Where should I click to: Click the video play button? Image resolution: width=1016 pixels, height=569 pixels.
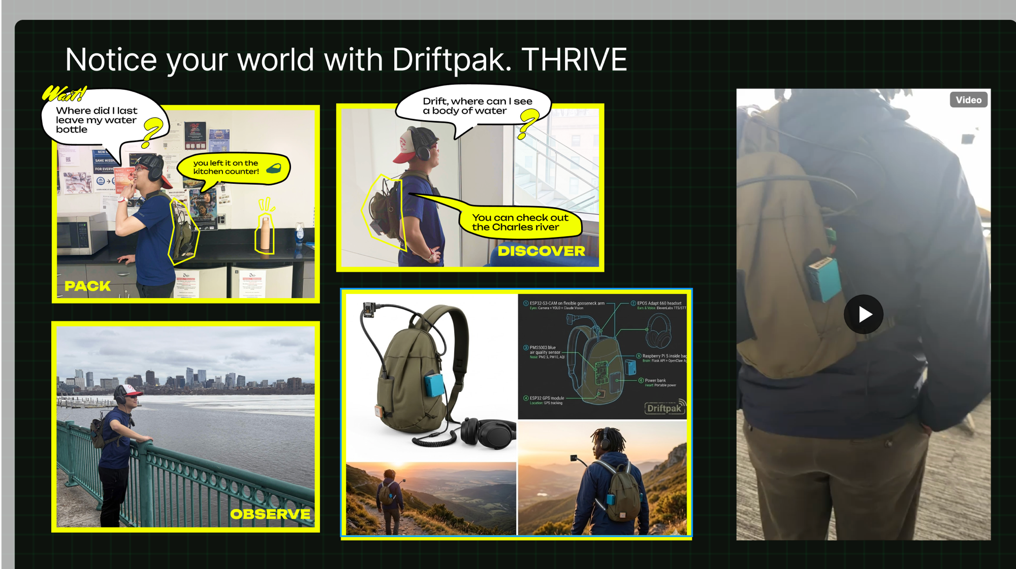point(864,314)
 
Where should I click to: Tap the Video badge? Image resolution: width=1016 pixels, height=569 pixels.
point(968,100)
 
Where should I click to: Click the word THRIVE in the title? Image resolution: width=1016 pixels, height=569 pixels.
point(574,60)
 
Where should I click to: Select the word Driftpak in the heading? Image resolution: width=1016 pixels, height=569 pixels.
point(448,60)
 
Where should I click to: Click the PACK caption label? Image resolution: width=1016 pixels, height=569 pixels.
point(87,286)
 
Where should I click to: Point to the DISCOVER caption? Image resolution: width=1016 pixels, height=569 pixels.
point(541,251)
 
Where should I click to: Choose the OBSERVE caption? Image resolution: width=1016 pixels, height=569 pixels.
point(270,514)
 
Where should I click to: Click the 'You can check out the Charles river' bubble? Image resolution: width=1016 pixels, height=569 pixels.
point(520,222)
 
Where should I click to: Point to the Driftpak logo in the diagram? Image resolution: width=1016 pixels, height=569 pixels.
point(664,408)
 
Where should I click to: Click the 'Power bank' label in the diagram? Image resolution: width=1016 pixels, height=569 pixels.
point(655,380)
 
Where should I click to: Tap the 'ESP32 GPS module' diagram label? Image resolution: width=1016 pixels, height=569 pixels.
point(547,398)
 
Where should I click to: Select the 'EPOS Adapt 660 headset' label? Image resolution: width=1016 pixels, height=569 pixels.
point(659,303)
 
